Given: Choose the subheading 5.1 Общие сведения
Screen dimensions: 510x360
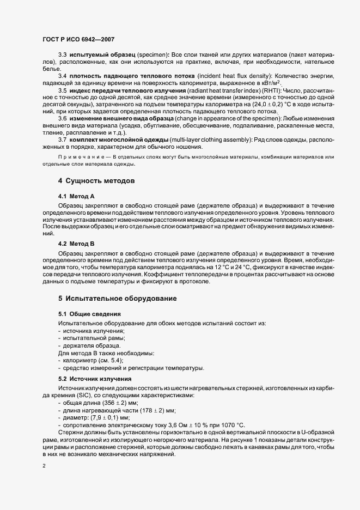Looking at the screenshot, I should point(89,314).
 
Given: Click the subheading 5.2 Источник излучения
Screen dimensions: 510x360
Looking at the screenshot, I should point(95,378).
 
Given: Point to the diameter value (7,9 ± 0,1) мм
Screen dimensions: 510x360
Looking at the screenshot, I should point(108,417).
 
